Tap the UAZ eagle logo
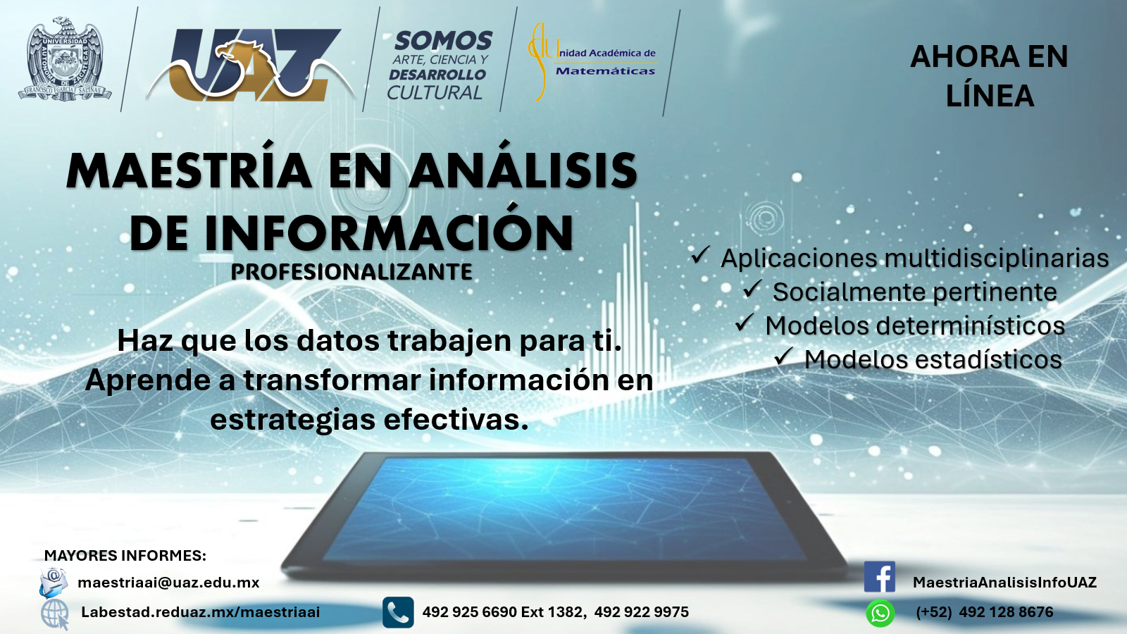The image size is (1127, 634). [x=251, y=64]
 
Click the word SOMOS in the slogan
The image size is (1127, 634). [x=443, y=41]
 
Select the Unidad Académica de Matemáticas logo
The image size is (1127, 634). [x=592, y=61]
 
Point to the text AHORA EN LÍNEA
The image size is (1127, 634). [x=989, y=75]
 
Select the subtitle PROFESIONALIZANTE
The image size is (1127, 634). [x=351, y=272]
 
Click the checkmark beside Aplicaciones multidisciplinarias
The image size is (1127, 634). [x=700, y=254]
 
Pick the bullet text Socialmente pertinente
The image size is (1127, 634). [x=915, y=292]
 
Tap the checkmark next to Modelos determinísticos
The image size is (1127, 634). [x=745, y=322]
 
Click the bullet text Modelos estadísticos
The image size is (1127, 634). [x=933, y=359]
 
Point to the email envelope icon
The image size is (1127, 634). [x=54, y=582]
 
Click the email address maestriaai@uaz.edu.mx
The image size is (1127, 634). [x=168, y=583]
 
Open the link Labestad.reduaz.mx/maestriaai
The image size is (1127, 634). [x=201, y=612]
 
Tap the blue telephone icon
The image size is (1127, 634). [x=398, y=612]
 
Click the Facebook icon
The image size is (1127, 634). [x=880, y=577]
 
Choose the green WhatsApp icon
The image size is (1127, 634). [x=880, y=614]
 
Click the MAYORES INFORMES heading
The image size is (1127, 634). [x=125, y=556]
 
